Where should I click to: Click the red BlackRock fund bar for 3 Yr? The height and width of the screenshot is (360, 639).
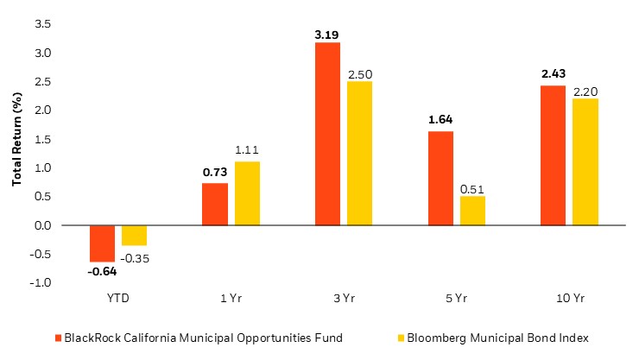327,134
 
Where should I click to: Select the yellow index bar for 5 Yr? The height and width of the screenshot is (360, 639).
472,211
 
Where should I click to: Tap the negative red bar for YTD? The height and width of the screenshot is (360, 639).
102,243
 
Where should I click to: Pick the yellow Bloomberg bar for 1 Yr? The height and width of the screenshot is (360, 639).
247,193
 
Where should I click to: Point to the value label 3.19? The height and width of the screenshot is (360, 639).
327,35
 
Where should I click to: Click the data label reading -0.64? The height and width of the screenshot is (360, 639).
102,271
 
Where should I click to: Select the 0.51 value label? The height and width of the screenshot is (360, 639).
472,188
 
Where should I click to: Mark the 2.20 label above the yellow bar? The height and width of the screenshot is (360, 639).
585,91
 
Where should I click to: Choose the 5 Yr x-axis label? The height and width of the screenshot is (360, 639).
457,298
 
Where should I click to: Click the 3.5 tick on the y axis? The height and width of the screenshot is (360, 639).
41,24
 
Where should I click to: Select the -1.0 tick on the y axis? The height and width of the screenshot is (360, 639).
41,283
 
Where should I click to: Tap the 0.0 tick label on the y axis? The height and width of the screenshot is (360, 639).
41,225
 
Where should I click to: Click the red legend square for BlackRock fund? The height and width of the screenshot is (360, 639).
58,338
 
